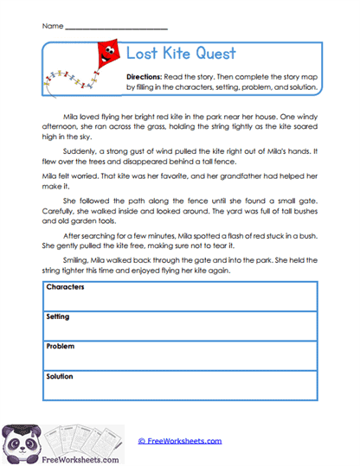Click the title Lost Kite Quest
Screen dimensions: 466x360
[x=181, y=54]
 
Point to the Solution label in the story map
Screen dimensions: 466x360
[x=60, y=376]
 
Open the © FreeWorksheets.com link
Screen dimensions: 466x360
[x=179, y=441]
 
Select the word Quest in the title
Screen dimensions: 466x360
[x=216, y=54]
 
